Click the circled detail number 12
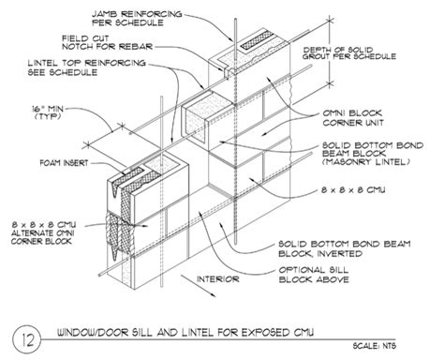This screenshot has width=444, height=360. tap(27, 339)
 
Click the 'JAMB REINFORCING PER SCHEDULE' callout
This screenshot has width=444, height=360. tap(137, 18)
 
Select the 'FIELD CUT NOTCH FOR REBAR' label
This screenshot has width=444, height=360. tap(107, 42)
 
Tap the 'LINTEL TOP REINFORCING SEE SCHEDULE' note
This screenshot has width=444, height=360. tap(87, 67)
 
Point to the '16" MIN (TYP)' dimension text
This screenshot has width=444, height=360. tap(48, 112)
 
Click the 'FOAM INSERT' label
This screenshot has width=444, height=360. tap(65, 163)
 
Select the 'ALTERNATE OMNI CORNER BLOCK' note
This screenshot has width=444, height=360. tap(42, 237)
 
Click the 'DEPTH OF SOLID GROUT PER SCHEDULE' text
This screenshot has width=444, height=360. tap(349, 53)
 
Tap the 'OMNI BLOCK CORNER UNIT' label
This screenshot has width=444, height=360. tap(352, 118)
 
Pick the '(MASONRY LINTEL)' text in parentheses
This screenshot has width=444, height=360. tap(365, 162)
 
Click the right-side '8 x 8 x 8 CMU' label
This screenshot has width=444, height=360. tap(353, 189)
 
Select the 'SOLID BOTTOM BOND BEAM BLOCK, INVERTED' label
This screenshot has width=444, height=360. tap(345, 248)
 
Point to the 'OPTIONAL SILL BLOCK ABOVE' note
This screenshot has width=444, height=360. tap(314, 275)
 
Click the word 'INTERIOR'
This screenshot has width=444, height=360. tap(218, 279)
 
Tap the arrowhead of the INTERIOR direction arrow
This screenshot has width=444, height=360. tap(214, 295)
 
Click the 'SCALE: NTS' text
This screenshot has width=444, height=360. tap(375, 346)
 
